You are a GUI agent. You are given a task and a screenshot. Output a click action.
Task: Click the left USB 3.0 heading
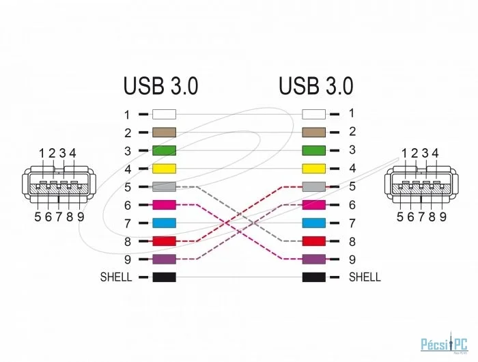click(160, 86)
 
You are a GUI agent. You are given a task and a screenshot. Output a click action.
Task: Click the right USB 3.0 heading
click(315, 86)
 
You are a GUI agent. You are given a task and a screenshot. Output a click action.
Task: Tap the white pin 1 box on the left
click(164, 115)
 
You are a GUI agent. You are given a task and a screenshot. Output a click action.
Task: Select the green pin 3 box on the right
click(313, 150)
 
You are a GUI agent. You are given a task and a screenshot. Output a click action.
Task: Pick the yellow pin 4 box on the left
click(164, 169)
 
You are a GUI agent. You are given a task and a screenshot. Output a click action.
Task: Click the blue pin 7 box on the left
click(164, 223)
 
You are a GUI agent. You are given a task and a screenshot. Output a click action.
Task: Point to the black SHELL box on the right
click(313, 277)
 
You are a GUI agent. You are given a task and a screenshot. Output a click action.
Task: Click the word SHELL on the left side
click(115, 278)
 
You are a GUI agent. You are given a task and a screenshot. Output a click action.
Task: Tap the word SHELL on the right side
click(365, 277)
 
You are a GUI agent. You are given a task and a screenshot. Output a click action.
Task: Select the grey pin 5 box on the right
click(313, 186)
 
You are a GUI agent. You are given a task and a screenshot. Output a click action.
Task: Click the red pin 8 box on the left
click(164, 241)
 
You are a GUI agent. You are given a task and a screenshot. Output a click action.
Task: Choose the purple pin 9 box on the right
click(313, 260)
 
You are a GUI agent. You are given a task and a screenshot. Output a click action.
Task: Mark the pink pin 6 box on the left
click(164, 205)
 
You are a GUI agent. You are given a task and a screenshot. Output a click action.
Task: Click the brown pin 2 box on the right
click(313, 132)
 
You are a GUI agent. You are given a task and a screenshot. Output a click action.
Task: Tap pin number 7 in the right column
click(352, 223)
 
